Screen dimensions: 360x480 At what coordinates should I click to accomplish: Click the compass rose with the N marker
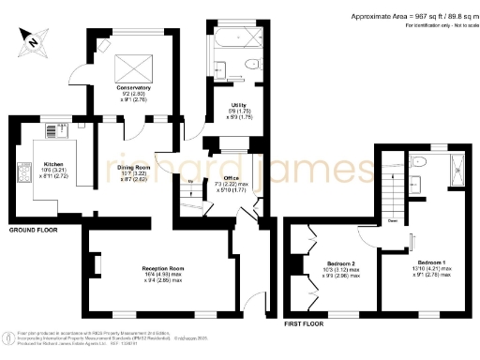[33, 38]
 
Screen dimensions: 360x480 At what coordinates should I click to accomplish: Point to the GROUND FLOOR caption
[37, 230]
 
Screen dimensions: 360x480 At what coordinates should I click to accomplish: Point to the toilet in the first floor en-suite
[423, 163]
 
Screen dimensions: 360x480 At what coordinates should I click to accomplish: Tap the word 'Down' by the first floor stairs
[392, 221]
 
